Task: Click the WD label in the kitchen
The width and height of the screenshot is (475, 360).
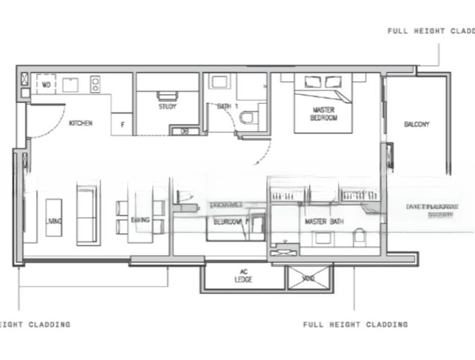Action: (46, 85)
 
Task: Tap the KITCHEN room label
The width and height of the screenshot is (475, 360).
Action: (80, 123)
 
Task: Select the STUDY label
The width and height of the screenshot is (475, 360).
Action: (167, 107)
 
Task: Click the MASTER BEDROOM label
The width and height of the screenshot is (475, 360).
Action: (324, 113)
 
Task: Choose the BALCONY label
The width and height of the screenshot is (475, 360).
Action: (416, 124)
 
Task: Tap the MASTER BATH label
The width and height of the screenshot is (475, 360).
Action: (324, 222)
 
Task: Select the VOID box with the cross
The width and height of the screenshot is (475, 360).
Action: (308, 278)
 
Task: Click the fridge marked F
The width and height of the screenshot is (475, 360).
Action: (123, 125)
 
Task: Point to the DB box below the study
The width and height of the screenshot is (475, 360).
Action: (185, 131)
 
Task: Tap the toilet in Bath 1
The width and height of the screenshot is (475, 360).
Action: (248, 116)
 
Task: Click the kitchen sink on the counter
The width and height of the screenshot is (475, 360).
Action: (70, 85)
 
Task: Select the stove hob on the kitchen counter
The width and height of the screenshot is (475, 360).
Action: (95, 84)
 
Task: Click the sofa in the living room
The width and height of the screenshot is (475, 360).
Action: (88, 213)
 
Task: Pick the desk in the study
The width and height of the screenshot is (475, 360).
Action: (167, 95)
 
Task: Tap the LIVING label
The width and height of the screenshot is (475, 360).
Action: (53, 221)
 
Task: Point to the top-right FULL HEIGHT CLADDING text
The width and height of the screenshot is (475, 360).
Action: (431, 31)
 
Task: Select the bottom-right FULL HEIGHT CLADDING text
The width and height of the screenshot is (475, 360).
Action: (355, 325)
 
